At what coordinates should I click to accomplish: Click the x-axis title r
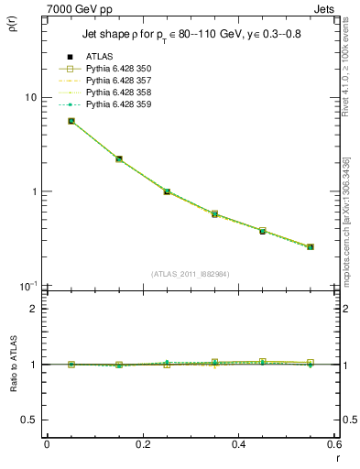click(x=336, y=458)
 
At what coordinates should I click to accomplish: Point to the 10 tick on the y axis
click(x=29, y=98)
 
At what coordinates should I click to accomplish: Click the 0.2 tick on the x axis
click(x=143, y=445)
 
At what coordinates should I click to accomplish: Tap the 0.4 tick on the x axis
click(x=238, y=445)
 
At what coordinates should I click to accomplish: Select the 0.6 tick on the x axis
click(x=334, y=445)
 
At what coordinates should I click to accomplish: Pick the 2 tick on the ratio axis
click(x=33, y=309)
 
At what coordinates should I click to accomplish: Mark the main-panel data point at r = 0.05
click(x=71, y=121)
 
